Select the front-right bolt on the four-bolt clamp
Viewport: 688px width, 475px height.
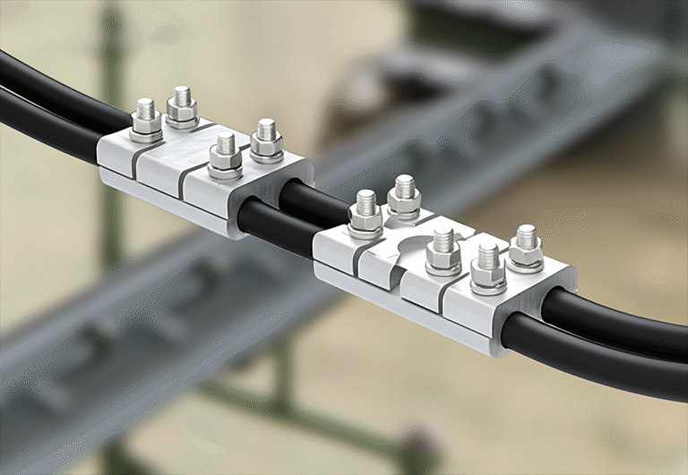point(226,154)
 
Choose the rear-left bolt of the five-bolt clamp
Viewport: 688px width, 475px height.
point(404,197)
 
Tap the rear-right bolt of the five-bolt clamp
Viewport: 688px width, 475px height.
point(526,247)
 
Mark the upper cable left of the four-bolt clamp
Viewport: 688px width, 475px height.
point(54,89)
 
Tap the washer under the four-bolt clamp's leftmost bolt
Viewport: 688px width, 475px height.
point(145,135)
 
